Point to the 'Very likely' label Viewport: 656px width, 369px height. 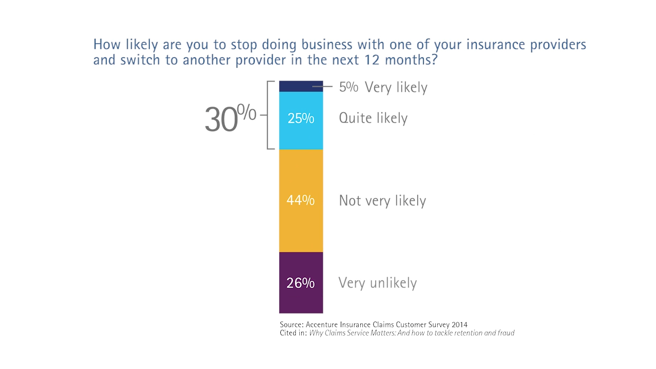(x=396, y=87)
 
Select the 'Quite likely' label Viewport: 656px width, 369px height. (x=373, y=118)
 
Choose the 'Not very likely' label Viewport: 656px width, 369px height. (x=382, y=200)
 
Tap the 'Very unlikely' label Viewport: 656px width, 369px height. (x=378, y=283)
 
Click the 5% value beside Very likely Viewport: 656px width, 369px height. (x=348, y=87)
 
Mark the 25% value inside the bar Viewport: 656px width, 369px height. (x=301, y=118)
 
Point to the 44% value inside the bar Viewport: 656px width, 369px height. (x=300, y=200)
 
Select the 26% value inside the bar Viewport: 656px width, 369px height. (x=300, y=283)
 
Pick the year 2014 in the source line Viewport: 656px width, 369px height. (x=459, y=324)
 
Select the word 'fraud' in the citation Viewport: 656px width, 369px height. (x=505, y=333)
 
